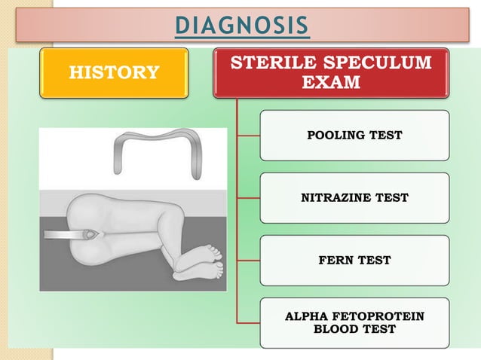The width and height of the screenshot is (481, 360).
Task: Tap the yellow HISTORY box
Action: click(x=115, y=72)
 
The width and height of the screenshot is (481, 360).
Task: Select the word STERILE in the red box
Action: click(x=268, y=63)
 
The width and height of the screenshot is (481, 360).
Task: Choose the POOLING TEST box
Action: click(x=354, y=136)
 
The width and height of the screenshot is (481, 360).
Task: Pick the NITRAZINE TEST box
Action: click(x=354, y=198)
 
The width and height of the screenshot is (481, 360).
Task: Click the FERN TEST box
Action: click(x=354, y=261)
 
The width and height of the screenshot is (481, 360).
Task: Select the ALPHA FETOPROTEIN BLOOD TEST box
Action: click(x=354, y=323)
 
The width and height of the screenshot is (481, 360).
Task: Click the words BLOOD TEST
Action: click(x=354, y=330)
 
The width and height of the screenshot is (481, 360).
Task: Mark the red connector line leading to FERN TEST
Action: click(x=248, y=261)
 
